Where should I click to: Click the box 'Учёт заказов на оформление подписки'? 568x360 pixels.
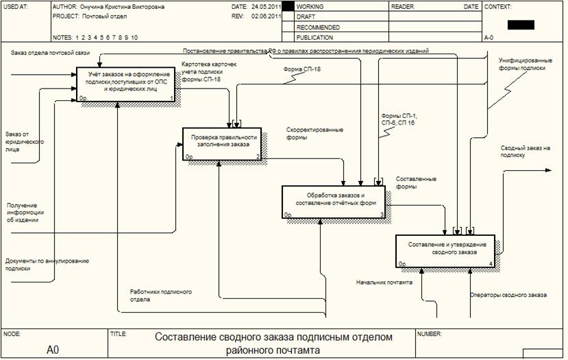point(125,85)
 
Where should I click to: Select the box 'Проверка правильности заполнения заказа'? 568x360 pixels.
point(222,143)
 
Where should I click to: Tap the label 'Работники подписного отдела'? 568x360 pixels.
point(160,296)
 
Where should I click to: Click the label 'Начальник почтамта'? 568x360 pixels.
point(384,282)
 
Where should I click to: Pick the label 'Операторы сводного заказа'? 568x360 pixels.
point(508,295)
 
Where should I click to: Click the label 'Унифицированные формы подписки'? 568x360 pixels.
point(522,64)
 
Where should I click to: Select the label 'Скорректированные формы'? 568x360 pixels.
point(314,133)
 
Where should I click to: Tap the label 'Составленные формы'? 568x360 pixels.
point(416,182)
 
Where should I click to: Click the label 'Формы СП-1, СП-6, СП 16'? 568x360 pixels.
point(398,119)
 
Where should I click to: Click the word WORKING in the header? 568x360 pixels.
point(310,6)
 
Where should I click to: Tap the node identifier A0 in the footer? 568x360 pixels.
point(53,350)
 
